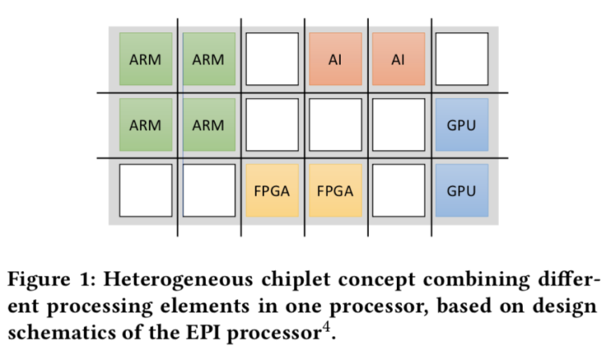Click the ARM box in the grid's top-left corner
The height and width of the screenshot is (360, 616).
145,59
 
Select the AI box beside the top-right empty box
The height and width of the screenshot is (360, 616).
398,59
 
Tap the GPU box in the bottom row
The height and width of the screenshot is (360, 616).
460,191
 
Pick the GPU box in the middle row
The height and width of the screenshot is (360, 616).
460,125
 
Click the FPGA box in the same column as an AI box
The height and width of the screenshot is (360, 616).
334,191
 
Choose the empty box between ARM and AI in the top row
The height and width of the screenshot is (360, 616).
271,59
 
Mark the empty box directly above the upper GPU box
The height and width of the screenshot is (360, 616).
460,59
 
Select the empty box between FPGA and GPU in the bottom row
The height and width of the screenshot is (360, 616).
398,191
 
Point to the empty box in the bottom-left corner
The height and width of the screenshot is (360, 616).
145,191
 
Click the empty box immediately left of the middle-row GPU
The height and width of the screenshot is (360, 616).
398,125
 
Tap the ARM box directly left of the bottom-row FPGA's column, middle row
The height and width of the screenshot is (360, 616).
209,125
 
